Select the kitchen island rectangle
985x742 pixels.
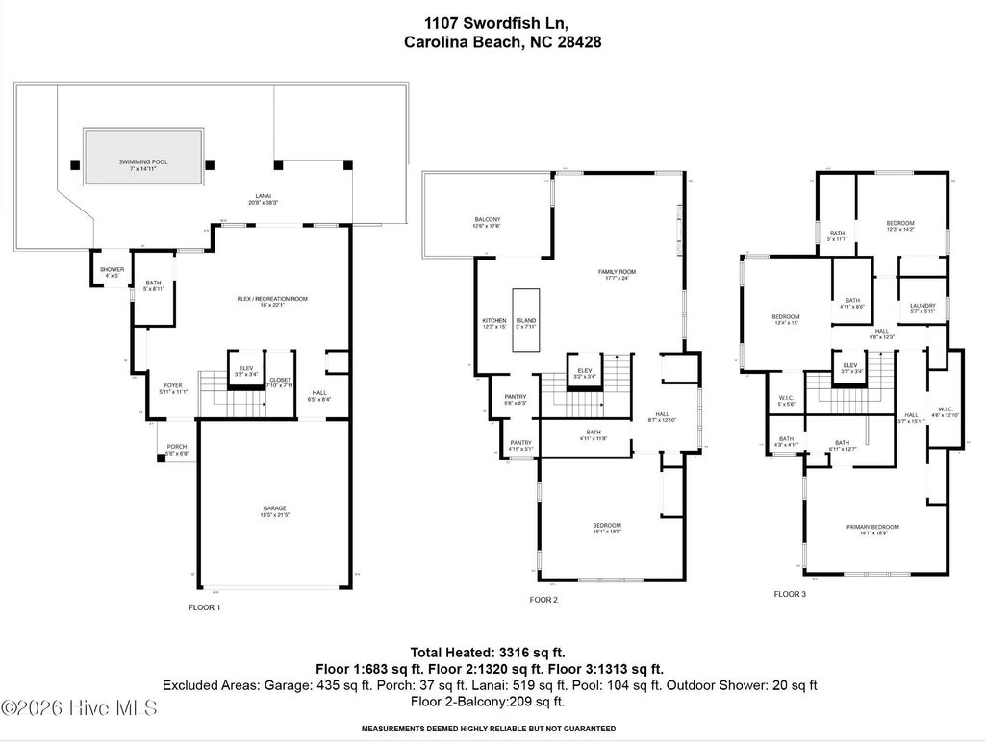click(525, 321)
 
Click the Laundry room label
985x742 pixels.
click(922, 308)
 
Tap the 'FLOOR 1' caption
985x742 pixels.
click(204, 607)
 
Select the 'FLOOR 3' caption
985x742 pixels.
click(790, 594)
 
